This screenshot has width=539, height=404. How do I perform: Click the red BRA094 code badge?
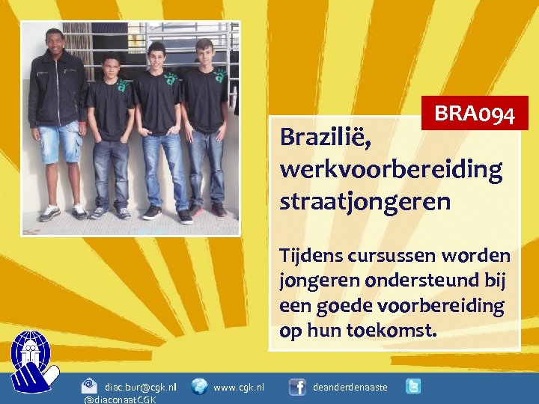pyautogui.click(x=475, y=114)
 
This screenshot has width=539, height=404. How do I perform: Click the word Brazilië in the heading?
pyautogui.click(x=326, y=138)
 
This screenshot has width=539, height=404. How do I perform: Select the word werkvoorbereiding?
pyautogui.click(x=391, y=170)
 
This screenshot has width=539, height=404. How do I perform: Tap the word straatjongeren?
pyautogui.click(x=365, y=201)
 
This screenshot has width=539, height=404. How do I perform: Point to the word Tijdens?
pyautogui.click(x=310, y=255)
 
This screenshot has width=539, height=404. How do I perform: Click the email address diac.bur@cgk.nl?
pyautogui.click(x=141, y=387)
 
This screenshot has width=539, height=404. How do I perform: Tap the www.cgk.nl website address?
pyautogui.click(x=239, y=387)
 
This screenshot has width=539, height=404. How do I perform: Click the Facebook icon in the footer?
pyautogui.click(x=297, y=386)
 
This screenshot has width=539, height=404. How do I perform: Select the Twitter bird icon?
pyautogui.click(x=412, y=386)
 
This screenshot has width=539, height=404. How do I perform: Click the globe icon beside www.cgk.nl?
pyautogui.click(x=199, y=386)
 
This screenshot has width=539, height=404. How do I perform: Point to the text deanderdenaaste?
pyautogui.click(x=350, y=387)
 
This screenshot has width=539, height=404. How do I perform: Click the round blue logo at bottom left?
pyautogui.click(x=31, y=359)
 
